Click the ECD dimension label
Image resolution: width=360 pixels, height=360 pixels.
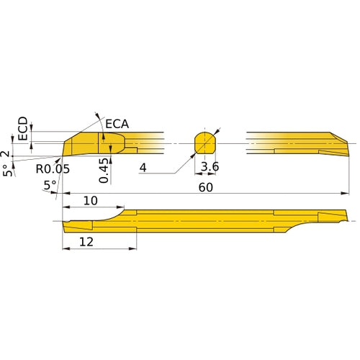[x=22, y=129]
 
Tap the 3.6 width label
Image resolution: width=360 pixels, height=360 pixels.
[x=210, y=168]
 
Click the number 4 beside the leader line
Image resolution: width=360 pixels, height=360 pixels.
[x=143, y=168]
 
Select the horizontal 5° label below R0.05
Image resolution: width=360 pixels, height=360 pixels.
[x=50, y=185]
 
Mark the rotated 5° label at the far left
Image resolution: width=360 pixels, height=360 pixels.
[x=7, y=171]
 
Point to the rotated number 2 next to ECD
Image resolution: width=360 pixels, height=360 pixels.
[x=7, y=154]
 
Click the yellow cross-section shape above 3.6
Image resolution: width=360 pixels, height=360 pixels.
[x=206, y=142]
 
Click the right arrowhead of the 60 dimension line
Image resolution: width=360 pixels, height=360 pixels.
[x=344, y=194]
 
